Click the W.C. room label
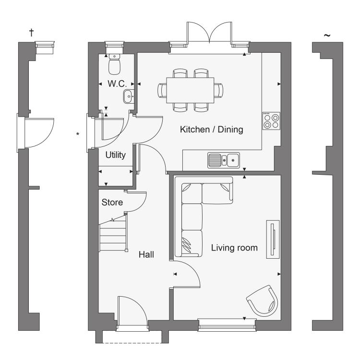(117, 84)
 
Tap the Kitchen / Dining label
(212, 130)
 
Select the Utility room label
(116, 155)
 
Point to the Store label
(112, 202)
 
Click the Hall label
(146, 254)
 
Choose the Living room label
(234, 248)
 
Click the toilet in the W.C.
(114, 64)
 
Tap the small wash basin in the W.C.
(129, 96)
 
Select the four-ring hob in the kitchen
(271, 121)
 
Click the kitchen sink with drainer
(224, 160)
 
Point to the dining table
(191, 90)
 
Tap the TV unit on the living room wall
(273, 239)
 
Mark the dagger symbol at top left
(31, 33)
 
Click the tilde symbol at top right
(327, 36)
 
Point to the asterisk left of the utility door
(78, 133)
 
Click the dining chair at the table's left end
(162, 90)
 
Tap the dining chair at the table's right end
(218, 90)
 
